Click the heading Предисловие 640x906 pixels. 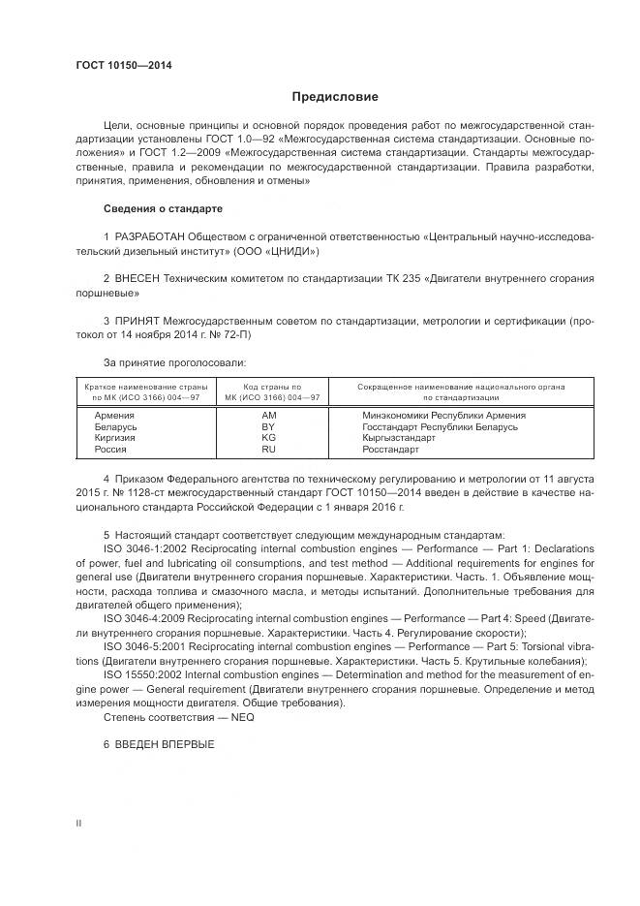click(x=335, y=97)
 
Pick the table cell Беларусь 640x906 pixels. click(x=116, y=426)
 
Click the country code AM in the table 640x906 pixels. click(x=269, y=415)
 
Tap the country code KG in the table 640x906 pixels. click(x=269, y=438)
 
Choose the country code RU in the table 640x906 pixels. click(x=269, y=450)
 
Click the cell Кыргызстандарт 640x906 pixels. click(x=399, y=438)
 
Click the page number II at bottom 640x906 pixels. click(x=78, y=822)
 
